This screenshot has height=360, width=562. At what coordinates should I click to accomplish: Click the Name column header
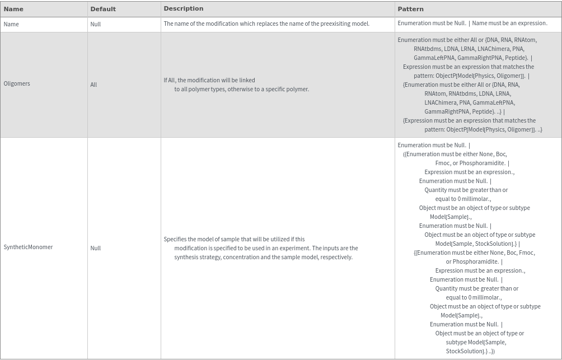(x=13, y=9)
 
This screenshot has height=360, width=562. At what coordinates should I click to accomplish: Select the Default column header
(x=103, y=9)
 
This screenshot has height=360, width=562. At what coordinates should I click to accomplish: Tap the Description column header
(x=183, y=8)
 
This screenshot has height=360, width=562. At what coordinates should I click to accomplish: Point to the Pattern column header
(x=410, y=9)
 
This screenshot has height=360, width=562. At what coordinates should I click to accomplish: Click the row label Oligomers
(x=17, y=83)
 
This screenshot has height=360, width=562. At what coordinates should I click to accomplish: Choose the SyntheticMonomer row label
(x=28, y=247)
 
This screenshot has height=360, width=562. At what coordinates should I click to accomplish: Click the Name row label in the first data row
(x=11, y=24)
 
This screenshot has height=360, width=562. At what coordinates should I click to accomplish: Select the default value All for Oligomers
(x=93, y=85)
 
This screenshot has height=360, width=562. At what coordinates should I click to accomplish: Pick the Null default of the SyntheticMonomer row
(x=96, y=248)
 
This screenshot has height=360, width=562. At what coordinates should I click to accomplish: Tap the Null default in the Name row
(x=96, y=25)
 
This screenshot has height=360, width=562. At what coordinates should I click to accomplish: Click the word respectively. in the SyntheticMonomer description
(x=336, y=257)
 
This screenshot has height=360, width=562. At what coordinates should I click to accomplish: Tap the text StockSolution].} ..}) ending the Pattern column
(x=470, y=351)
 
